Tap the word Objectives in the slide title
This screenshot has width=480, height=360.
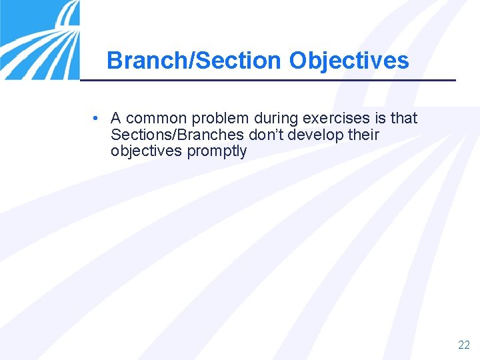(349, 61)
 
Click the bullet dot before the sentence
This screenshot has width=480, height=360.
(97, 119)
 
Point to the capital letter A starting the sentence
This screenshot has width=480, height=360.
(115, 119)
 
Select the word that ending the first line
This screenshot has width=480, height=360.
(404, 119)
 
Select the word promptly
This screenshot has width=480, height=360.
(217, 151)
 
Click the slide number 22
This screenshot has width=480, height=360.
(464, 345)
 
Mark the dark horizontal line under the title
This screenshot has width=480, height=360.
(267, 80)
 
